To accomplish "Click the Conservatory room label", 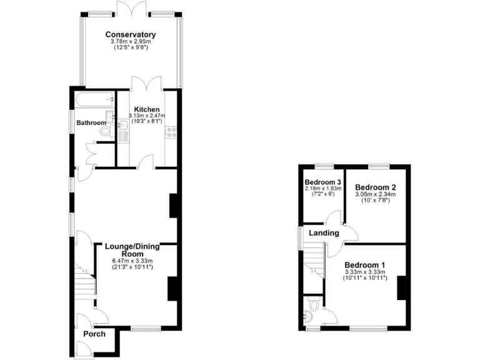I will pyautogui.click(x=130, y=34).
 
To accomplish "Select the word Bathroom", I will pyautogui.click(x=91, y=123).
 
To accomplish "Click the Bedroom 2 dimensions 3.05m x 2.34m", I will pyautogui.click(x=376, y=194).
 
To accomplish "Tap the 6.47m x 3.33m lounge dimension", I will pyautogui.click(x=132, y=261).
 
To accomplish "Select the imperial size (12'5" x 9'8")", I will pyautogui.click(x=130, y=49).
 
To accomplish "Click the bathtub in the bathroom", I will pyautogui.click(x=93, y=98).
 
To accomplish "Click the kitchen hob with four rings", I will pyautogui.click(x=171, y=132).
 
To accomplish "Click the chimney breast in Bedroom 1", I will pyautogui.click(x=401, y=287).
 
